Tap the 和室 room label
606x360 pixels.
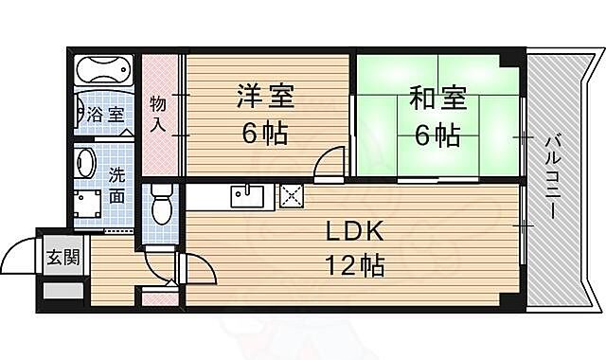437,98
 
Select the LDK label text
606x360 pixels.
357,231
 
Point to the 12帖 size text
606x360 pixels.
356,266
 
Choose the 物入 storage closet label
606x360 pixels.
158,113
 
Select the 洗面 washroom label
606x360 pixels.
116,186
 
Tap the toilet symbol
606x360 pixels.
161,204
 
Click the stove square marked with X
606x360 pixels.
290,196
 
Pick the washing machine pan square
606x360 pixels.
90,207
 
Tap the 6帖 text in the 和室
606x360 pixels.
437,135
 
